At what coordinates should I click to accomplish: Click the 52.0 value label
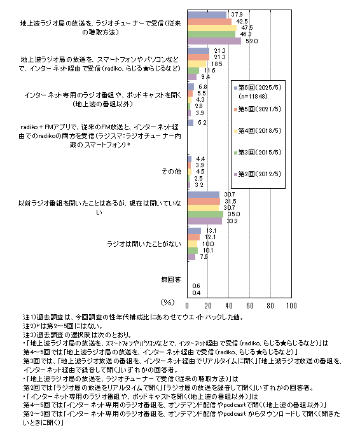251,41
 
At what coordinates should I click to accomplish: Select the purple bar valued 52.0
214,41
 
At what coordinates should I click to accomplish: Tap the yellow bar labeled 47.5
212,28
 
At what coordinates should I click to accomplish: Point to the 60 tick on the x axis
250,306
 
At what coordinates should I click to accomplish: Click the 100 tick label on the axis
291,306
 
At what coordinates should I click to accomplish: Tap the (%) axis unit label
167,303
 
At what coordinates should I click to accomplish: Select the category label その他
171,172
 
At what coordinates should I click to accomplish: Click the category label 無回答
171,280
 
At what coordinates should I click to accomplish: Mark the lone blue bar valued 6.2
191,123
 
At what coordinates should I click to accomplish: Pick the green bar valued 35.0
205,214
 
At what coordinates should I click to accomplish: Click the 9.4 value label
205,77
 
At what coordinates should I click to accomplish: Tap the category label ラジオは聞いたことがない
144,244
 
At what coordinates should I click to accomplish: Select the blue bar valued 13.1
194,231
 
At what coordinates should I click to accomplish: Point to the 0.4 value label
197,293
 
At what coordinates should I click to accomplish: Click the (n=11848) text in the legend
253,97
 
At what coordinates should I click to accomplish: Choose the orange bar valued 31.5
204,201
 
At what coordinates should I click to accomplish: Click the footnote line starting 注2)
63,326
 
